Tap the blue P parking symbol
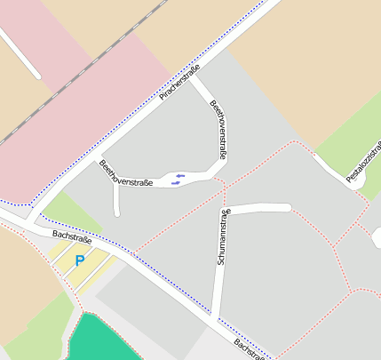coord(79,260)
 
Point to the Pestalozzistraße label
coord(365,161)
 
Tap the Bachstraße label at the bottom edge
coord(250,348)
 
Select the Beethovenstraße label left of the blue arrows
coord(126,173)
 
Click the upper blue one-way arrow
coord(179,176)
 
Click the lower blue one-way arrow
coord(176,183)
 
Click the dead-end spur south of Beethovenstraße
coord(116,201)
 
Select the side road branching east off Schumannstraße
coord(262,208)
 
